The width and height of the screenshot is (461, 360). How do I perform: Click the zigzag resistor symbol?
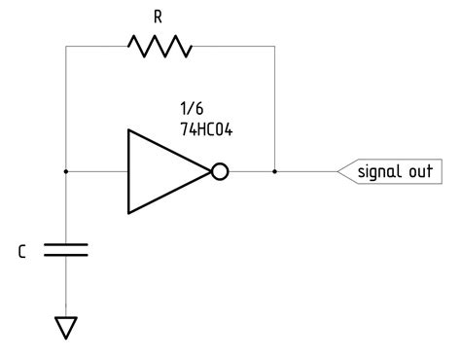point(160,46)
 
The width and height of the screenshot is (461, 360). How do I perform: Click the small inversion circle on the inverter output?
point(220,172)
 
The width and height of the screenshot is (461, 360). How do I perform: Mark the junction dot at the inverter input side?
point(65,172)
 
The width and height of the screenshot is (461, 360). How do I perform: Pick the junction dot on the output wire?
point(275,172)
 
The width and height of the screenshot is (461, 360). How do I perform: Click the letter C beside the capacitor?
point(21,252)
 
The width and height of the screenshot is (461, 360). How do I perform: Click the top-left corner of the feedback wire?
point(65,46)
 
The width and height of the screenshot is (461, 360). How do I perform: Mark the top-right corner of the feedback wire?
point(275,46)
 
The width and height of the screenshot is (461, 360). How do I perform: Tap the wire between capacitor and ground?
point(65,287)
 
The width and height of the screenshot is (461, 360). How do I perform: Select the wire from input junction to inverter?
point(96,172)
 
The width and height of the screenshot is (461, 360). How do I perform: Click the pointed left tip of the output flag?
point(337,172)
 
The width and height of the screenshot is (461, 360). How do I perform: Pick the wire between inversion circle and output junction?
point(251,172)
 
